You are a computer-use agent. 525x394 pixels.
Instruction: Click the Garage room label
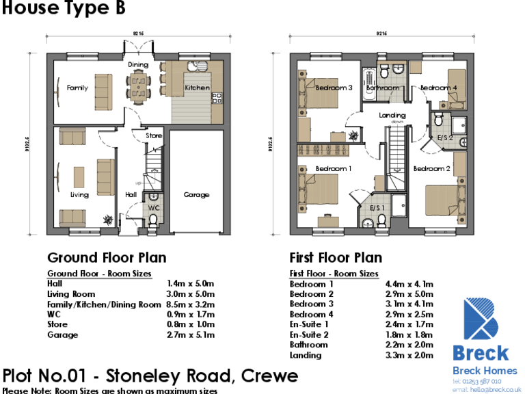click(196, 195)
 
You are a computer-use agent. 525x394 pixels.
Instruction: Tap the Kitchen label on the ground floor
click(197, 88)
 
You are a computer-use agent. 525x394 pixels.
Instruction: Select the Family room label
click(77, 88)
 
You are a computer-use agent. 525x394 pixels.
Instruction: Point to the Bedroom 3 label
click(334, 88)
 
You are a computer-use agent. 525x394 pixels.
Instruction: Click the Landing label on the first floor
click(392, 115)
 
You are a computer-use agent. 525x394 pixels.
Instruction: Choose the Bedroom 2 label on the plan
click(431, 168)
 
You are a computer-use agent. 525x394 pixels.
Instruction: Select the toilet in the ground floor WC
click(153, 218)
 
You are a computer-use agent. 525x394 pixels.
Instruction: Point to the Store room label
click(154, 135)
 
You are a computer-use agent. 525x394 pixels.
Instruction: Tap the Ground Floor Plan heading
click(106, 258)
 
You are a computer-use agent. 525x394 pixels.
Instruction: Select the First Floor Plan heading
click(336, 258)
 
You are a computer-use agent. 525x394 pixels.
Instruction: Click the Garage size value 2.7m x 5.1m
click(191, 335)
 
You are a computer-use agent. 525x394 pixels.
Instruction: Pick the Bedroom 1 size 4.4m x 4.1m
click(410, 284)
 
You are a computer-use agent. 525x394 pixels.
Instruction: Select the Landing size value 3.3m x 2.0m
click(410, 356)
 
